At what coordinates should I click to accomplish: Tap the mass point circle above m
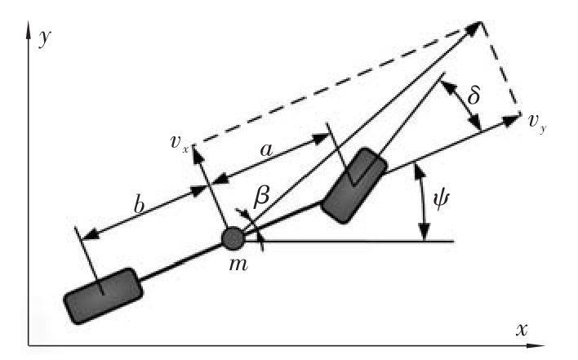click(x=233, y=238)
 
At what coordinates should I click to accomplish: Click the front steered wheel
click(x=353, y=184)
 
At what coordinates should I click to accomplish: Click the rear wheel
click(x=101, y=295)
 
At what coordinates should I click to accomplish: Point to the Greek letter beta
click(x=263, y=196)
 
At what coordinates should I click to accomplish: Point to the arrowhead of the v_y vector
click(x=515, y=120)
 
